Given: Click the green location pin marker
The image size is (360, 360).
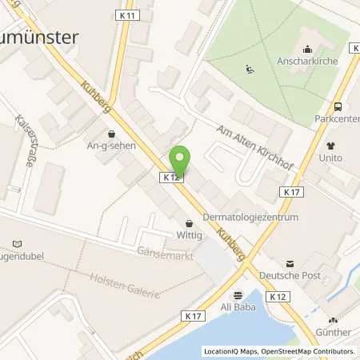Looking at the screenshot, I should (x=182, y=161).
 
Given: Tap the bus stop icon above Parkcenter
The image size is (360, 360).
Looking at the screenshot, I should (x=338, y=106).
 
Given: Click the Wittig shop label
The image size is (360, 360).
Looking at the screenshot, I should (x=190, y=236).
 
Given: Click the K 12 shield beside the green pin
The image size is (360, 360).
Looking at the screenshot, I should (x=170, y=178).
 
